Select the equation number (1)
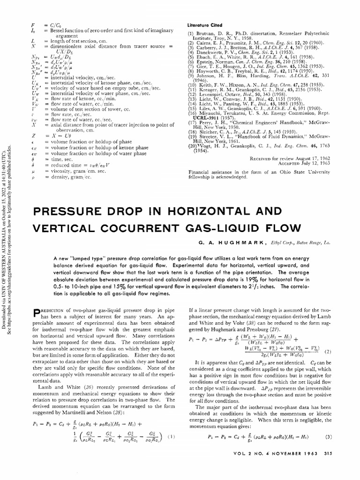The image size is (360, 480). [172, 436]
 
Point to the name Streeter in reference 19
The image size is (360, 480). [207, 135]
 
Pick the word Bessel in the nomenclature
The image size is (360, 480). [54, 30]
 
